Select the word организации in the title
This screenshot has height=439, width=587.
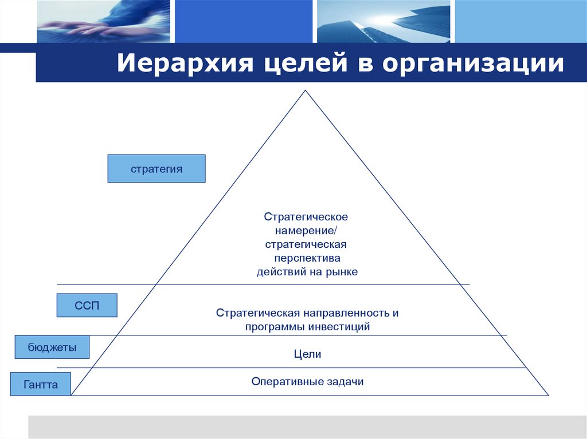click(x=473, y=64)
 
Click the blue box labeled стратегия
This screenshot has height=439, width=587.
click(x=156, y=169)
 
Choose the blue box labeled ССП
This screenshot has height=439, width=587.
click(x=87, y=306)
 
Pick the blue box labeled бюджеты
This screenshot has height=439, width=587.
click(x=52, y=347)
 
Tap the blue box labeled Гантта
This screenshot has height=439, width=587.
click(x=41, y=385)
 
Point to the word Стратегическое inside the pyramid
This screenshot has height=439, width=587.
click(x=306, y=217)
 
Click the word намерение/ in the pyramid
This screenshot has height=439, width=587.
click(x=306, y=231)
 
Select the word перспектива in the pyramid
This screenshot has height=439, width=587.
click(x=307, y=258)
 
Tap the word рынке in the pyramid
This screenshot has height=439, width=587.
click(x=342, y=272)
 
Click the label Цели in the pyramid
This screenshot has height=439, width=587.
click(x=307, y=354)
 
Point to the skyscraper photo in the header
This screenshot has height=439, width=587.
click(x=383, y=22)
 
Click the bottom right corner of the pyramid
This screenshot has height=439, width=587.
click(x=547, y=394)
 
